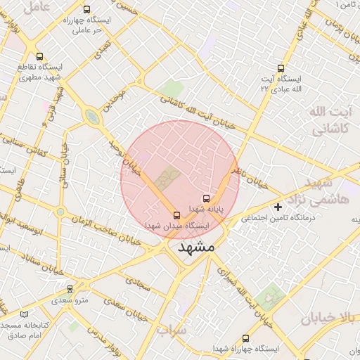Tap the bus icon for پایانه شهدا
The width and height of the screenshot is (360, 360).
pyautogui.click(x=206, y=199)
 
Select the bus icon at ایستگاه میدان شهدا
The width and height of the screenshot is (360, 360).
pyautogui.click(x=176, y=215)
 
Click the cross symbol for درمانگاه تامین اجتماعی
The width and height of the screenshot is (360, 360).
pyautogui.click(x=278, y=207)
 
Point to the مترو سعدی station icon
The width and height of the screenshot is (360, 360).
pyautogui.click(x=70, y=289)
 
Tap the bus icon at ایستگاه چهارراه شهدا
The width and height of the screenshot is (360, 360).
pyautogui.click(x=245, y=338)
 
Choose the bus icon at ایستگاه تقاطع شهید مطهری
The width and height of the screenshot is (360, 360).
pyautogui.click(x=39, y=56)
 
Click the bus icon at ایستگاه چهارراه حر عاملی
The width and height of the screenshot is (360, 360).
pyautogui.click(x=86, y=10)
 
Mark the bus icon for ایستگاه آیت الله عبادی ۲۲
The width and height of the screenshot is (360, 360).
pyautogui.click(x=281, y=68)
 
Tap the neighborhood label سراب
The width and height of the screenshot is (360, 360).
pyautogui.click(x=172, y=330)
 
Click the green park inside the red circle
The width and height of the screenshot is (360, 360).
pyautogui.click(x=167, y=179)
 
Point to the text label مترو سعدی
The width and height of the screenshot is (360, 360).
pyautogui.click(x=72, y=301)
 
